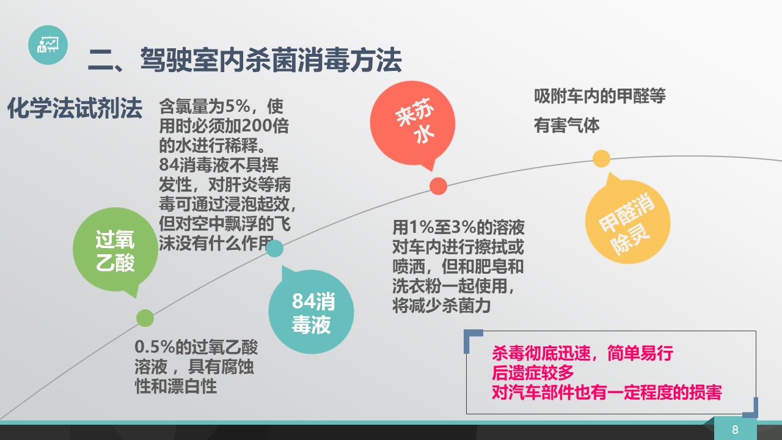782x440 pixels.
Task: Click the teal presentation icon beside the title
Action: tap(48, 45)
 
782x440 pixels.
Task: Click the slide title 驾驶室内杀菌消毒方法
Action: tap(271, 60)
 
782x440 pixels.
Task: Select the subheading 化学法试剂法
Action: tap(75, 108)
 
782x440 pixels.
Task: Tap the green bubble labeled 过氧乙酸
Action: tap(115, 251)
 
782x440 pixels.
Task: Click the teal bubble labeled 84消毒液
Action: tap(311, 312)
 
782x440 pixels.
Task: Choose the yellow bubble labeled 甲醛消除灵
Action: tap(627, 221)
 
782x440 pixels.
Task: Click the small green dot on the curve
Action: tap(145, 318)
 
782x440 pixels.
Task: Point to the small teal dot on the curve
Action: tap(275, 248)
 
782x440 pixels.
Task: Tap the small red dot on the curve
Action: tap(438, 186)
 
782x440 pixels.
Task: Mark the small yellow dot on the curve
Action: tap(601, 158)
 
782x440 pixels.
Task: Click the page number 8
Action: tap(735, 430)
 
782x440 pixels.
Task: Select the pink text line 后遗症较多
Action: tap(533, 373)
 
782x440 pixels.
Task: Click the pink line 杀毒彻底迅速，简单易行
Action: tap(583, 353)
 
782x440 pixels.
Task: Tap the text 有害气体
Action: tap(566, 125)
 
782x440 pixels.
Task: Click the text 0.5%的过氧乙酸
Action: tap(196, 346)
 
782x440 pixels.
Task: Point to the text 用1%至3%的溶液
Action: tap(458, 227)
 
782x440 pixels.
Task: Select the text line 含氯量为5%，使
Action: tap(221, 106)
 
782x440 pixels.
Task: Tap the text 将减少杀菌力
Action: tap(442, 306)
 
